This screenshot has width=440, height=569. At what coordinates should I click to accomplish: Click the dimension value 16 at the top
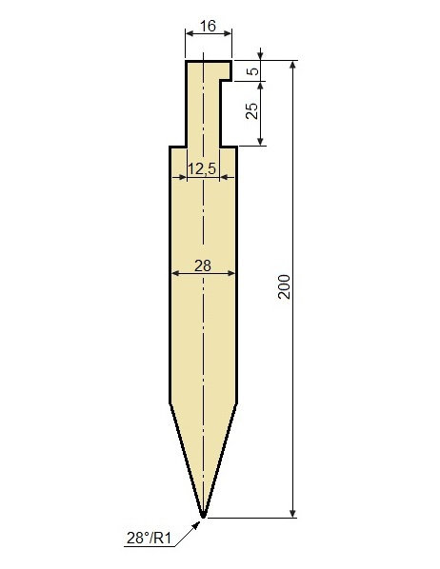(x=209, y=26)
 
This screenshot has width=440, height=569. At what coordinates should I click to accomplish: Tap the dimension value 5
(x=253, y=70)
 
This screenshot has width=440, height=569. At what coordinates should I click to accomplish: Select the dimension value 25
(x=251, y=110)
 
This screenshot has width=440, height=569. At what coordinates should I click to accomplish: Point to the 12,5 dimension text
(x=202, y=168)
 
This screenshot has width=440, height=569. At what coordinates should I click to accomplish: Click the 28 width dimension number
(x=203, y=266)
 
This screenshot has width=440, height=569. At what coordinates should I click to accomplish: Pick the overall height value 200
(x=284, y=286)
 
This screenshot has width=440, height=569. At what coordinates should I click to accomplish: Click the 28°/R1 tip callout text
(x=149, y=538)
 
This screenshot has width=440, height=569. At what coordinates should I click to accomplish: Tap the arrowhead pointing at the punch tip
(x=196, y=524)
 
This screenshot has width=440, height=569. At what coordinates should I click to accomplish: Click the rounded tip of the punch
(x=204, y=515)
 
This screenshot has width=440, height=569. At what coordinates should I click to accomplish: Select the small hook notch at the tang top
(x=226, y=70)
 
